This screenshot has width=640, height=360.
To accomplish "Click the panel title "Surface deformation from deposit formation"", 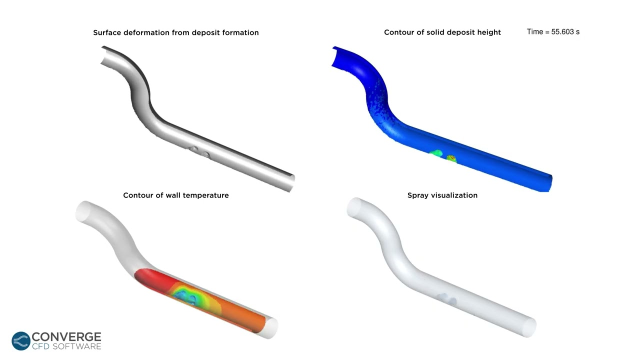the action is (176, 32).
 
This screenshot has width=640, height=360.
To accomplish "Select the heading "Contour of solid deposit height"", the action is (442, 32).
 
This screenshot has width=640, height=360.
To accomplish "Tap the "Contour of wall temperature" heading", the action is (176, 195).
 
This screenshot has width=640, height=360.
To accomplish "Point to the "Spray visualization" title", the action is (442, 195).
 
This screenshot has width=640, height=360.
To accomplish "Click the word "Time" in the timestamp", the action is (534, 31).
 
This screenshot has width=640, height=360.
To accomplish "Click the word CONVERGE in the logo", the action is (66, 337).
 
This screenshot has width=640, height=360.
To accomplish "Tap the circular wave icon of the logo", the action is (21, 341).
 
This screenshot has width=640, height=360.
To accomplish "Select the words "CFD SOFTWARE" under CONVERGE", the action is (66, 346).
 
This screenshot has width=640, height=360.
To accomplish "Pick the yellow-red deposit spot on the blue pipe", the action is (451, 158).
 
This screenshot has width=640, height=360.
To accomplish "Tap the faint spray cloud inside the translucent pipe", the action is (446, 299).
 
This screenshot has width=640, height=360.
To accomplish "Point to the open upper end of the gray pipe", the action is (106, 55).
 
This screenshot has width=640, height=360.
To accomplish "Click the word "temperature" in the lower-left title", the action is (206, 195).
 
